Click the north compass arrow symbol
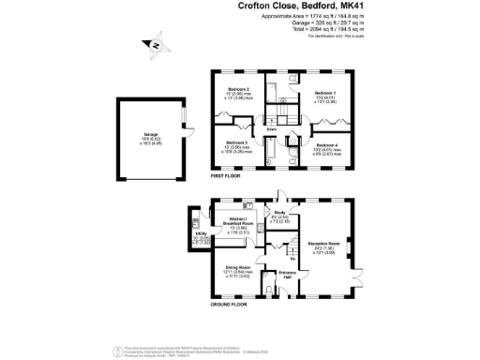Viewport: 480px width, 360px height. [156, 43]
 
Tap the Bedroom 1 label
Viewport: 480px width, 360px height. [324, 93]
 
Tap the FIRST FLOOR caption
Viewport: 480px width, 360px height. [229, 175]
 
